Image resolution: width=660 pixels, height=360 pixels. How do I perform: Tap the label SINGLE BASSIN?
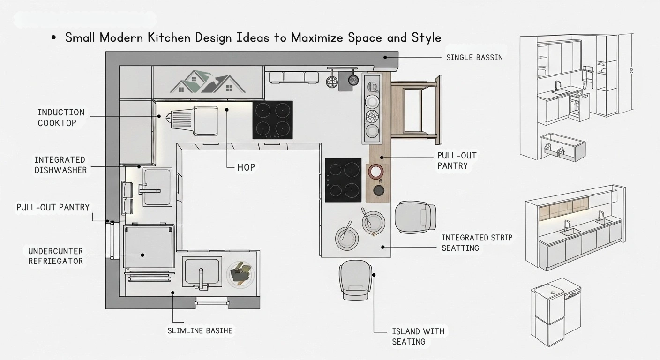point(474,57)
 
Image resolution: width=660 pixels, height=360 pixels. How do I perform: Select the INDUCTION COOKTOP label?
point(61,118)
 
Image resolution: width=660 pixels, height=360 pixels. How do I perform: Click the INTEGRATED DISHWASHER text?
point(60,165)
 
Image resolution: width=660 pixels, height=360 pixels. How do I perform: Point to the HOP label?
point(246,167)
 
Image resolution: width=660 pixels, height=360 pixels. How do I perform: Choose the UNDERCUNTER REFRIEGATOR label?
point(55,256)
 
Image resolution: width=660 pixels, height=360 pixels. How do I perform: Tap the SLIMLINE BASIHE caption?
point(200,330)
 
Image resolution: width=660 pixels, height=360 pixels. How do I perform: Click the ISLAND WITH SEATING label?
point(418,337)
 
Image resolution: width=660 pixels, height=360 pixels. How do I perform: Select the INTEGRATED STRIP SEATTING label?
point(477,242)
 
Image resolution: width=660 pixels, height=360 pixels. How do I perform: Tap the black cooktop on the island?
point(343,180)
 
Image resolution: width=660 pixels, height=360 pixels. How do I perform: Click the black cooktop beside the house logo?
point(272,120)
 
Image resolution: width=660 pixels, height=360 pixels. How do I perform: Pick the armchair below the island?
point(356,280)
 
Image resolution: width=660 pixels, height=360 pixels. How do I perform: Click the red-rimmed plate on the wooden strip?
point(376,172)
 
